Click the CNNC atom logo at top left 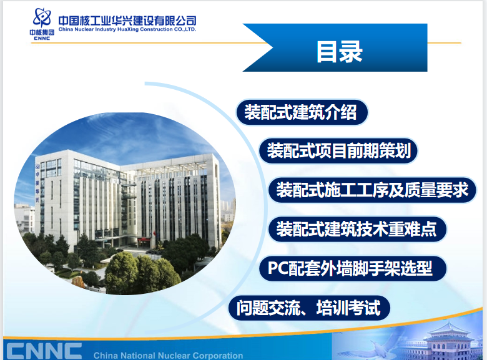pos(42,18)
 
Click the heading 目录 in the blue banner pos(339,52)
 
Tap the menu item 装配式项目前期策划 pos(338,151)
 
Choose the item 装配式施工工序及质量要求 pos(372,190)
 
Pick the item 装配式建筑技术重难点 pos(357,229)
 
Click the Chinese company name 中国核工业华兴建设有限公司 pos(127,21)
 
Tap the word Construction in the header pos(156,29)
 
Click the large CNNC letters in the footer pos(44,351)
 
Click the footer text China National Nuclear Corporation pos(168,356)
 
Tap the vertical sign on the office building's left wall pos(37,183)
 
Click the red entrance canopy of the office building pos(145,240)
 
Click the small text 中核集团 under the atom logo pos(42,32)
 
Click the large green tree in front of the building pos(122,273)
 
